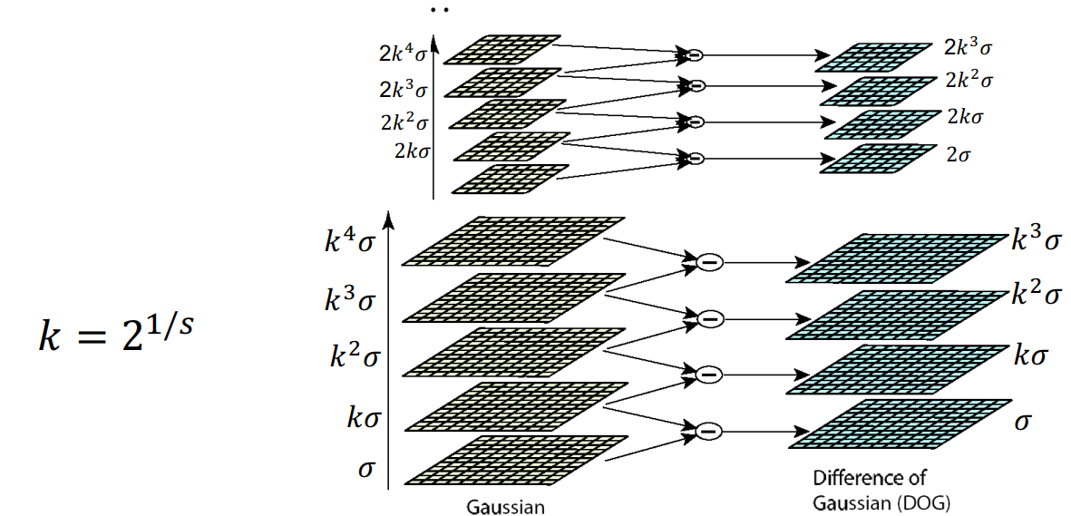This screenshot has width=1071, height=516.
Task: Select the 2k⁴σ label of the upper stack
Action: point(403,51)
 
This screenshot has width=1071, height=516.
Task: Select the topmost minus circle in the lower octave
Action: point(709,262)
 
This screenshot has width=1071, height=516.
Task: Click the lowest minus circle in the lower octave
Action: point(709,428)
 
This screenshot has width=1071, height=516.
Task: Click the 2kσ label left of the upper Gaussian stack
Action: point(409,151)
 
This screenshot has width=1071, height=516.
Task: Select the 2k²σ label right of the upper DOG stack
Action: point(968,80)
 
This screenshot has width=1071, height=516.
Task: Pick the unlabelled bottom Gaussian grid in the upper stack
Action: point(511,179)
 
